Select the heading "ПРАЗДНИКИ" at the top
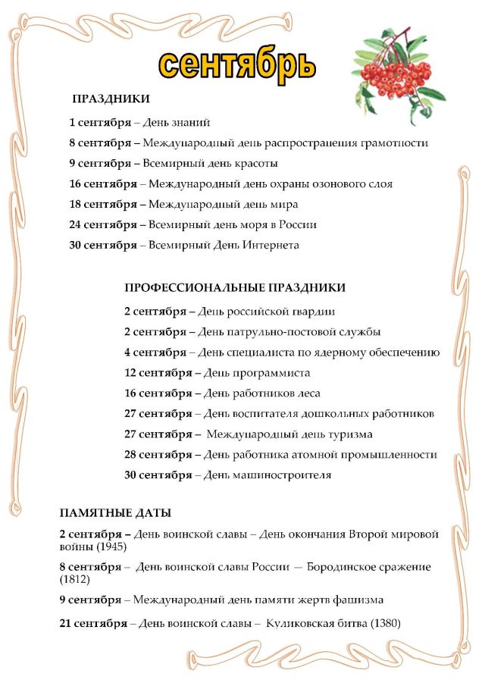pyautogui.click(x=111, y=99)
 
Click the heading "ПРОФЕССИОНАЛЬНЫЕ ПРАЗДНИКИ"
pyautogui.click(x=235, y=288)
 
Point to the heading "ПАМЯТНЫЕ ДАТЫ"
pyautogui.click(x=115, y=513)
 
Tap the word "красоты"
pyautogui.click(x=257, y=163)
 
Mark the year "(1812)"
pyautogui.click(x=74, y=579)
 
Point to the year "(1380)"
pyautogui.click(x=383, y=623)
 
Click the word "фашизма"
pyautogui.click(x=358, y=600)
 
